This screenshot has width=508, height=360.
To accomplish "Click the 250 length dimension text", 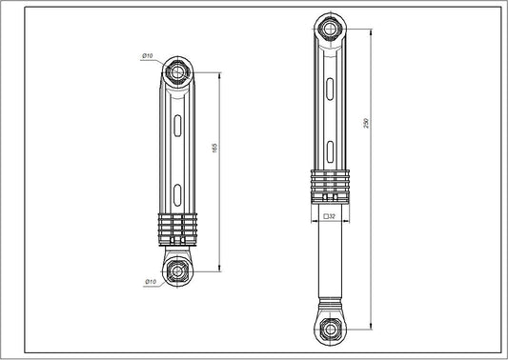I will tap(367, 126).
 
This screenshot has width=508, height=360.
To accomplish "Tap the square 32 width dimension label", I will tap(328, 217).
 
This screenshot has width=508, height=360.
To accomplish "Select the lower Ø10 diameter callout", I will tap(150, 282).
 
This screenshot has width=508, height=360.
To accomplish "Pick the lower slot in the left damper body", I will tap(177, 197).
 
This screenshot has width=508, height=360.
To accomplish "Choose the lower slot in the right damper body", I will tap(329, 148).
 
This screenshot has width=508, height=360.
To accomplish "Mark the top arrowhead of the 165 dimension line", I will tap(221, 73).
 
